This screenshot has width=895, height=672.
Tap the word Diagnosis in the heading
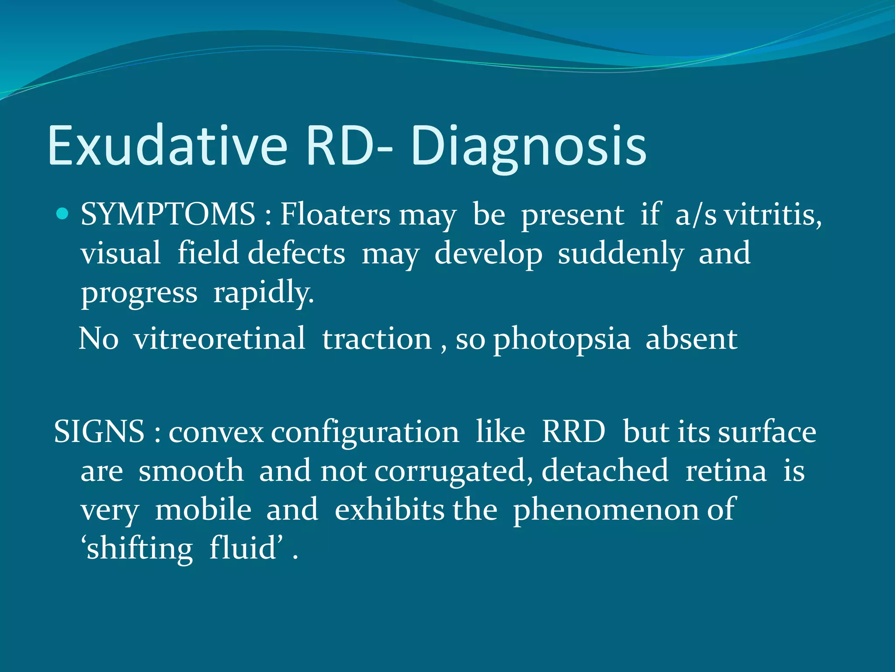pyautogui.click(x=528, y=147)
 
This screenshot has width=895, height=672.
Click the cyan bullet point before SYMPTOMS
pyautogui.click(x=63, y=214)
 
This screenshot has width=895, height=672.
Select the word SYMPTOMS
pyautogui.click(x=168, y=214)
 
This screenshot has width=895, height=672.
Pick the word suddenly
pyautogui.click(x=621, y=254)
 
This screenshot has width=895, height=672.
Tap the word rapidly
pyautogui.click(x=264, y=293)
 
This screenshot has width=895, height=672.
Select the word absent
pyautogui.click(x=691, y=339)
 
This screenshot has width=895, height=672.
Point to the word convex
pyautogui.click(x=216, y=432)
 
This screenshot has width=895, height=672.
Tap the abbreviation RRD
pyautogui.click(x=573, y=431)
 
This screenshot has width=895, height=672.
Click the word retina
pyautogui.click(x=726, y=471)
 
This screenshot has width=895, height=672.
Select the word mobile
pyautogui.click(x=203, y=510)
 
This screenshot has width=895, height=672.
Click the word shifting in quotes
pyautogui.click(x=138, y=549)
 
